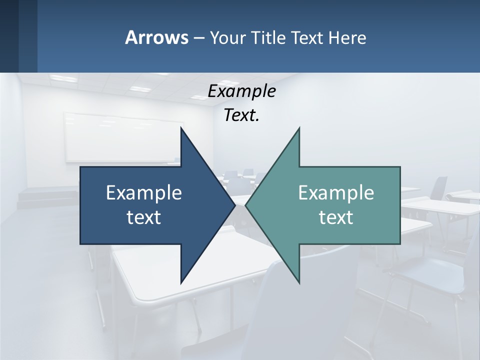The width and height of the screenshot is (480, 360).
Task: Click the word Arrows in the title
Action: click(x=156, y=37)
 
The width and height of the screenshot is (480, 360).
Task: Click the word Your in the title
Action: click(x=227, y=37)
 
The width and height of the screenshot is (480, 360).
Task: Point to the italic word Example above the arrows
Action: click(x=241, y=91)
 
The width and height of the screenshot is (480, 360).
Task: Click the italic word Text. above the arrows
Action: click(x=241, y=115)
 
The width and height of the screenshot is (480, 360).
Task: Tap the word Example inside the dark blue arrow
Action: click(x=144, y=193)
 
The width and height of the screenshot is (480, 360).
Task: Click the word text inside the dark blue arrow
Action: click(x=144, y=217)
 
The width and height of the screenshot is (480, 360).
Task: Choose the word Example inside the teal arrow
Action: click(x=336, y=193)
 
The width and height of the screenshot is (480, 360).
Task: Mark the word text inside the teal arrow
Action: click(x=336, y=217)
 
